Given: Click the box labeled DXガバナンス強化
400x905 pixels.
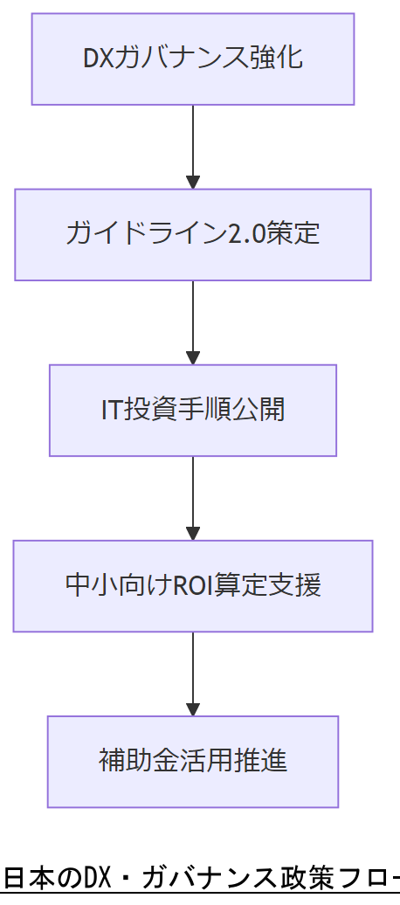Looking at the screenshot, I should tap(193, 59).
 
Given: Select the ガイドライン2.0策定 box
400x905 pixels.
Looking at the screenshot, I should tap(193, 234).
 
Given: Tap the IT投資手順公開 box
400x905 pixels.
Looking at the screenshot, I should tap(193, 410).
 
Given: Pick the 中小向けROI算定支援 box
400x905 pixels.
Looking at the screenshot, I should tap(193, 585).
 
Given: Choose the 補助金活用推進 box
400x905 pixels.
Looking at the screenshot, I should tap(193, 761).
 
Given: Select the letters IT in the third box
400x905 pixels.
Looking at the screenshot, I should tap(111, 410).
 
